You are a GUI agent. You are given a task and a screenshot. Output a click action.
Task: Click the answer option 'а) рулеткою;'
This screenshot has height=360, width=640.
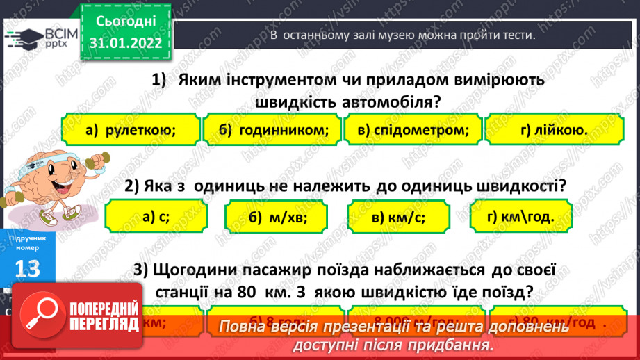coord(130,130)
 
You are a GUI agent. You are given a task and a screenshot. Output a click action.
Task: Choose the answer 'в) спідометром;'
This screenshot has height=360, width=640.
coord(413,130)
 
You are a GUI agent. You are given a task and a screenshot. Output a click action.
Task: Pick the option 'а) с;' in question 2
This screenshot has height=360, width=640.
coord(156,217)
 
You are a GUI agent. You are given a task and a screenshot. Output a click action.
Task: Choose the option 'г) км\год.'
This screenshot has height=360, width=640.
coord(521,216)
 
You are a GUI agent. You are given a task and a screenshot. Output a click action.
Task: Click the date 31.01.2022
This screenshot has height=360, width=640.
coord(126,43)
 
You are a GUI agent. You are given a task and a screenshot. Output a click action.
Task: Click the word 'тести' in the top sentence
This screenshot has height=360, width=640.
coord(517,35)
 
